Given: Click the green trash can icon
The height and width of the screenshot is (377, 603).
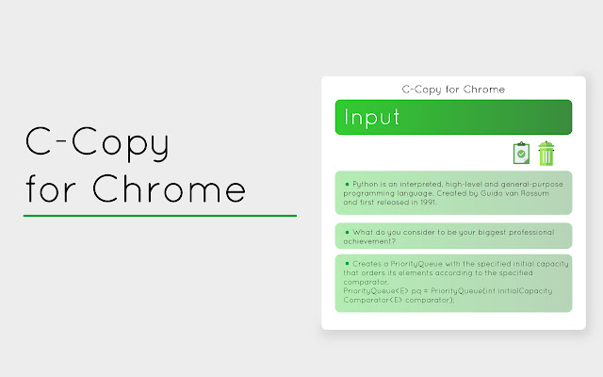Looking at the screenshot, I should (x=546, y=153).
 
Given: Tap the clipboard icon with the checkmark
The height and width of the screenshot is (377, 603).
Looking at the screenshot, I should (x=521, y=153).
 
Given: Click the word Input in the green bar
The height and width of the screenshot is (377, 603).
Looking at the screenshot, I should (x=372, y=118).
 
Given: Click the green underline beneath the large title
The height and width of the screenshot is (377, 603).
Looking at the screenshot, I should (x=160, y=216).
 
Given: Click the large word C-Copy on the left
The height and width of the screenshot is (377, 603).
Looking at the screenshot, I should (x=97, y=143).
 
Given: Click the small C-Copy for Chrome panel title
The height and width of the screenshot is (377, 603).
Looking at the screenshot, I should (x=453, y=90).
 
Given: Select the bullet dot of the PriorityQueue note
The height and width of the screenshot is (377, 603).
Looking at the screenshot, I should (x=347, y=262).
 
